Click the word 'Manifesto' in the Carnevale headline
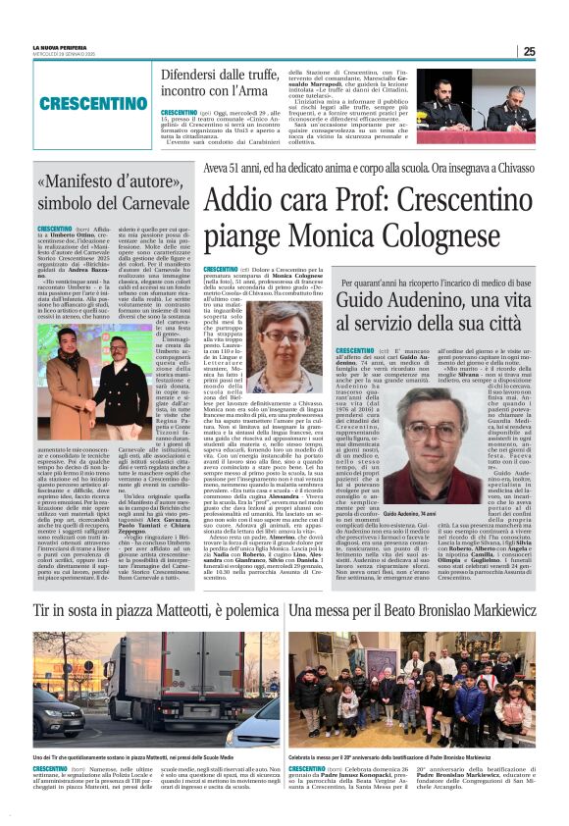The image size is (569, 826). pyautogui.click(x=85, y=181)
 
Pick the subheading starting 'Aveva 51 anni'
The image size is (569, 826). pyautogui.click(x=369, y=170)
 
